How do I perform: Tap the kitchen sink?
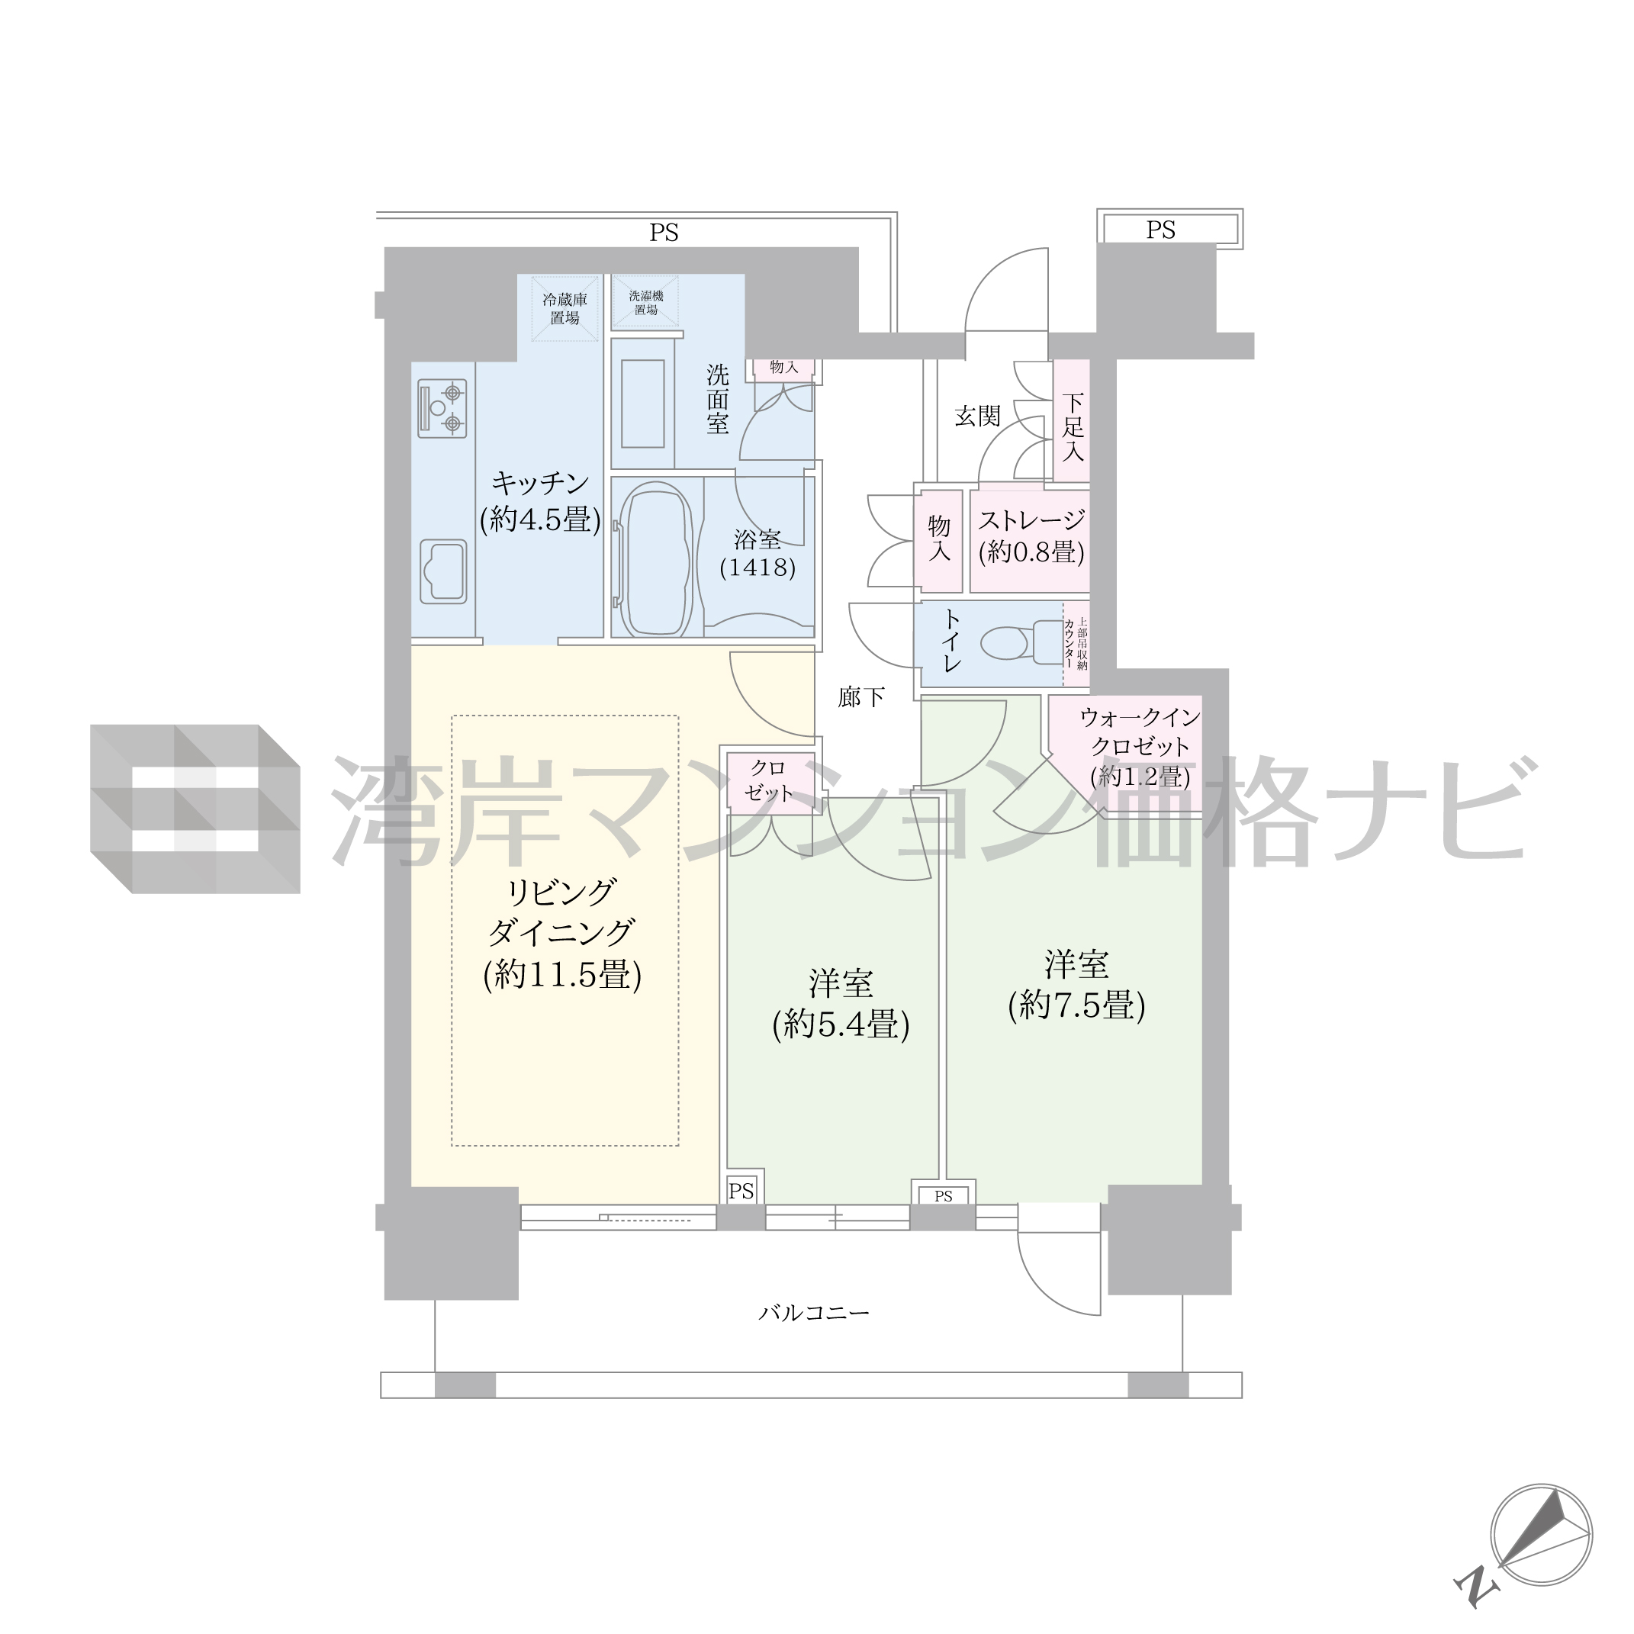pyautogui.click(x=443, y=571)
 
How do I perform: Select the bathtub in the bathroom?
pyautogui.click(x=656, y=559)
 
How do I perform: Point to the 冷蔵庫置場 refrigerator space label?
pyautogui.click(x=565, y=309)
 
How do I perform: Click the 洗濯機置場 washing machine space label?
pyautogui.click(x=646, y=303)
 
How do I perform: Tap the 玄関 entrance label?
pyautogui.click(x=978, y=416)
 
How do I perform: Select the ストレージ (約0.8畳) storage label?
pyautogui.click(x=1031, y=536)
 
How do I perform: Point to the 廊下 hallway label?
pyautogui.click(x=861, y=697)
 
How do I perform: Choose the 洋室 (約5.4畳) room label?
pyautogui.click(x=841, y=1004)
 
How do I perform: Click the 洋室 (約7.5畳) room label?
pyautogui.click(x=1076, y=985)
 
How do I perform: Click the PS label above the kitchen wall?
pyautogui.click(x=664, y=233)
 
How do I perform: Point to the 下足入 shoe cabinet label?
pyautogui.click(x=1073, y=426)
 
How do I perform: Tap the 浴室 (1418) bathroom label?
pyautogui.click(x=757, y=553)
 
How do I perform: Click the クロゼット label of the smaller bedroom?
pyautogui.click(x=768, y=780)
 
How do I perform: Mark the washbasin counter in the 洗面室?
pyautogui.click(x=643, y=404)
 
